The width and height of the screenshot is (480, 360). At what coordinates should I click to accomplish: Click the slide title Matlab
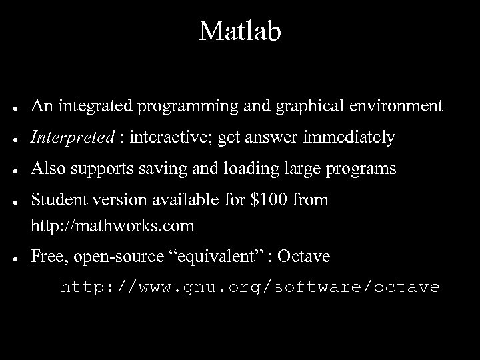pos(240,31)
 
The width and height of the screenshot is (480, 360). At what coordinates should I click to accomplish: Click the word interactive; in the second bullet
pos(169,138)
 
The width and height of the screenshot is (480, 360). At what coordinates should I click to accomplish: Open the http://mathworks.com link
pos(113,226)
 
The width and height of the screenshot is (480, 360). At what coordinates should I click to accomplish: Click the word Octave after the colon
pos(303,257)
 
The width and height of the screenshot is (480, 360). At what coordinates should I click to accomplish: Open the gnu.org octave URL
pos(250,287)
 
